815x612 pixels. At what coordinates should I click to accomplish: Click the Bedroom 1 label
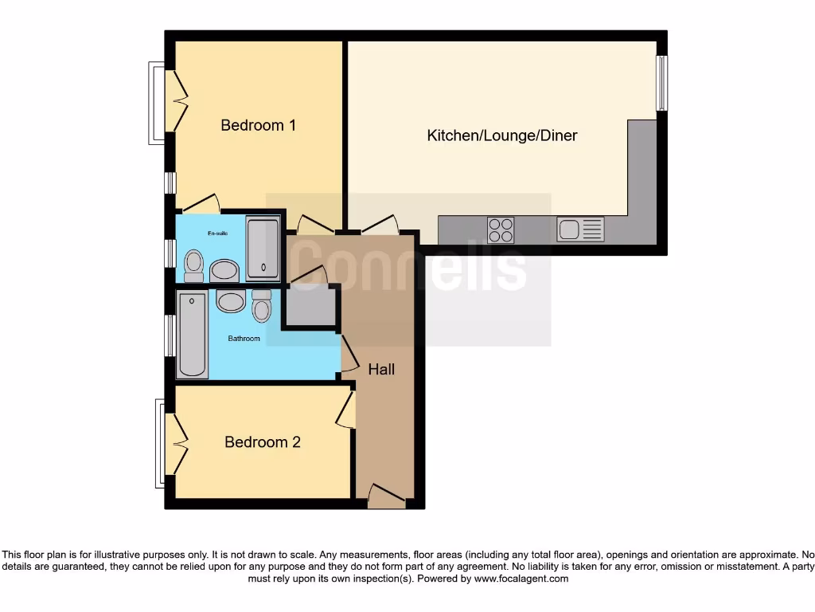[258, 125]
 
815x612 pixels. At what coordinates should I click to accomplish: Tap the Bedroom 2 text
[262, 441]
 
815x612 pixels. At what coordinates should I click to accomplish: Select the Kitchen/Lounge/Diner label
[502, 135]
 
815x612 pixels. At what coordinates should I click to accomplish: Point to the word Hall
[381, 370]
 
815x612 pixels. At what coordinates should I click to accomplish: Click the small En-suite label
[217, 233]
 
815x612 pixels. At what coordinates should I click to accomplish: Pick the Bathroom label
[244, 339]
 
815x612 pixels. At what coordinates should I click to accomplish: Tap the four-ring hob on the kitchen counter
[501, 229]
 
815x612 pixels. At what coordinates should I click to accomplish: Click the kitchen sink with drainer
[580, 229]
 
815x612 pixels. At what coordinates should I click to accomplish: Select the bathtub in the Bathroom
[192, 335]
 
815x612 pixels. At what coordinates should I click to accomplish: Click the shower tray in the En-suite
[262, 248]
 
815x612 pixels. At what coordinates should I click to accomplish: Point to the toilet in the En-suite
[193, 266]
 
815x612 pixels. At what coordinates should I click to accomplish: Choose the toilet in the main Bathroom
[262, 305]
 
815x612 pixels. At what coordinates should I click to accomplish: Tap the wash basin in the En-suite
[224, 270]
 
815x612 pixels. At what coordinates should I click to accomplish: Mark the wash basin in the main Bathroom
[231, 301]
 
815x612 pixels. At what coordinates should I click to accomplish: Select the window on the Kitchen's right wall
[661, 83]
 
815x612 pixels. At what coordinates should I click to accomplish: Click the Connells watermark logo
[408, 269]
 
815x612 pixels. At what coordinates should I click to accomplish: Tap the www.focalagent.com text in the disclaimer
[521, 579]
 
